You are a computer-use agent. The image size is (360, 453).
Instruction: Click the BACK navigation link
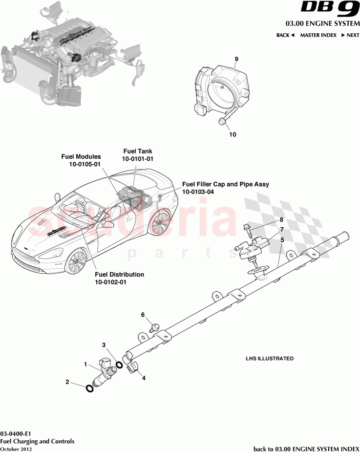(x=285, y=35)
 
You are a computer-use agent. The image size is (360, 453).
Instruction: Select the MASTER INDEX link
(x=318, y=35)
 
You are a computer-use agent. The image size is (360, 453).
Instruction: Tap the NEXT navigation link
(x=350, y=35)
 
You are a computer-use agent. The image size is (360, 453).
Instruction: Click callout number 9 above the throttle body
(x=236, y=59)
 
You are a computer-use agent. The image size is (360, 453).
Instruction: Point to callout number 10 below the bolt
(x=232, y=134)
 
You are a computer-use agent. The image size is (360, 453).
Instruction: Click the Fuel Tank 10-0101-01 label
(x=138, y=155)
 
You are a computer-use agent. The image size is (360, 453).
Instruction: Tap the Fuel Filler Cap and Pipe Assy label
(x=225, y=188)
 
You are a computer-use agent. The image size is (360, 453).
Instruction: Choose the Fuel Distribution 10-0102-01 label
(x=120, y=278)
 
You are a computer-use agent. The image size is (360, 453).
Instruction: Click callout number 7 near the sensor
(x=281, y=229)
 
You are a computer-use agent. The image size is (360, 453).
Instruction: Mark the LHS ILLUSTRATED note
(x=269, y=359)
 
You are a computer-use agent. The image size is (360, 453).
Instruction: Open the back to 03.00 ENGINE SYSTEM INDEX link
(x=306, y=449)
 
